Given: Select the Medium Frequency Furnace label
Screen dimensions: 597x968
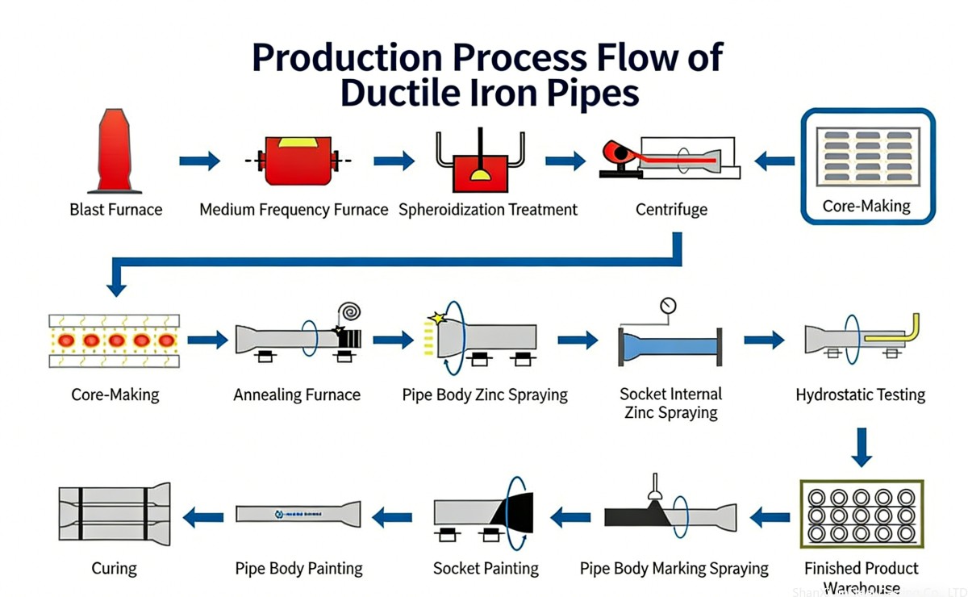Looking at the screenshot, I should coord(294,210).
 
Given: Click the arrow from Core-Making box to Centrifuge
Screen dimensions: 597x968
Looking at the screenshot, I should coord(774,161).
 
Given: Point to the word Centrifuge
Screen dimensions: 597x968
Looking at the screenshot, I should coord(671,210).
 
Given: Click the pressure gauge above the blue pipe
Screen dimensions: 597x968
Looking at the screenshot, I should coord(667,306).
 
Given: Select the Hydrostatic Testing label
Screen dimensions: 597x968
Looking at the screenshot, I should coord(860,395).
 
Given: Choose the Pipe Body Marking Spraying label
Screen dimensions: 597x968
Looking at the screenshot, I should coord(674,569).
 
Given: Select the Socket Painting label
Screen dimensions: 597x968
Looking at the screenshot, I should coord(486,569).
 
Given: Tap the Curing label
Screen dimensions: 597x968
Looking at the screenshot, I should coord(114,569).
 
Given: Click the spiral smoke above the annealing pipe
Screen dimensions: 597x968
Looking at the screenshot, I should coord(350,311).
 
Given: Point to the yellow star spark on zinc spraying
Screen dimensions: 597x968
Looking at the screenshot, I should coord(438,319).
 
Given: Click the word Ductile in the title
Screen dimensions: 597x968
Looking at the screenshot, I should coord(411,93).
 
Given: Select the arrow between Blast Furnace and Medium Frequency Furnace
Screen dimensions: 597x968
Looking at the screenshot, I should coord(199,161).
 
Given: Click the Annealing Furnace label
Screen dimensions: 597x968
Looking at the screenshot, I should coord(297,395).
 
